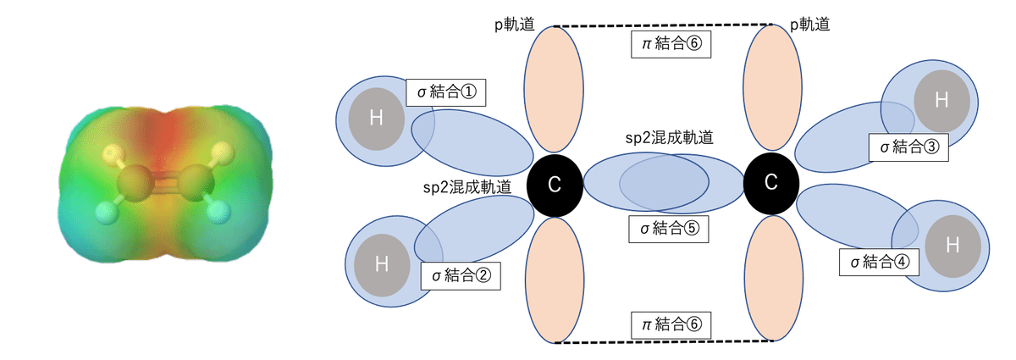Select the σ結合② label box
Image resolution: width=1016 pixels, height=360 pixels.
coord(461,274)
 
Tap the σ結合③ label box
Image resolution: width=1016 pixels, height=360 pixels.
coord(908,147)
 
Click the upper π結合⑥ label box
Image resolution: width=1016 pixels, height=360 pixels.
coord(671,43)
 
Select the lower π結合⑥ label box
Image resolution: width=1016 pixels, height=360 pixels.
coord(671,324)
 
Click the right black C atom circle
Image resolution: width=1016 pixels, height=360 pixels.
coord(770,182)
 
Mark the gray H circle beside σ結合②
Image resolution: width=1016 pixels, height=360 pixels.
coord(381,263)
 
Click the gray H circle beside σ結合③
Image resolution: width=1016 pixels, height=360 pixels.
coord(941,100)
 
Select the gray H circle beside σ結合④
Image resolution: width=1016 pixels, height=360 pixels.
coord(952,246)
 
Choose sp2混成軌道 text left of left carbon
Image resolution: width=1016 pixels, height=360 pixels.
coord(467,187)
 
